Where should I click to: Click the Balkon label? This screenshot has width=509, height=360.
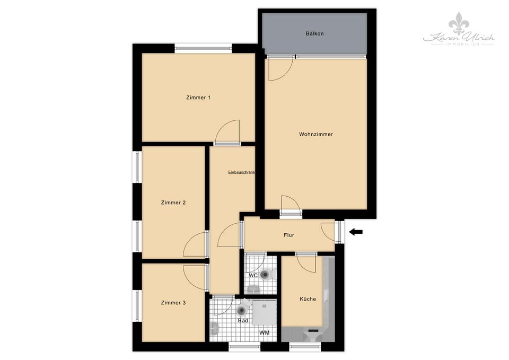314,33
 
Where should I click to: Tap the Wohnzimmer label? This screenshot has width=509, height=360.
316,134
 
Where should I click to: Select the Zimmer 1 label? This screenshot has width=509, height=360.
199,98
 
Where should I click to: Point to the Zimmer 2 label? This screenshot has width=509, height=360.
173,203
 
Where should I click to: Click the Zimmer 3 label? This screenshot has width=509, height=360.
173,303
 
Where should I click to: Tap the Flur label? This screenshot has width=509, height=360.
288,235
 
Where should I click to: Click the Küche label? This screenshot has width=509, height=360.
308,299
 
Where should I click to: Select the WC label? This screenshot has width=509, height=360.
253,276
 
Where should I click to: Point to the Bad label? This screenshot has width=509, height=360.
243,320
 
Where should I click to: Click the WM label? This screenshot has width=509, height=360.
264,333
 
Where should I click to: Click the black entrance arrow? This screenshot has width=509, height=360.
356,232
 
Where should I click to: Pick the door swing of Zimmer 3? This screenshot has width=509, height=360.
195,276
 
